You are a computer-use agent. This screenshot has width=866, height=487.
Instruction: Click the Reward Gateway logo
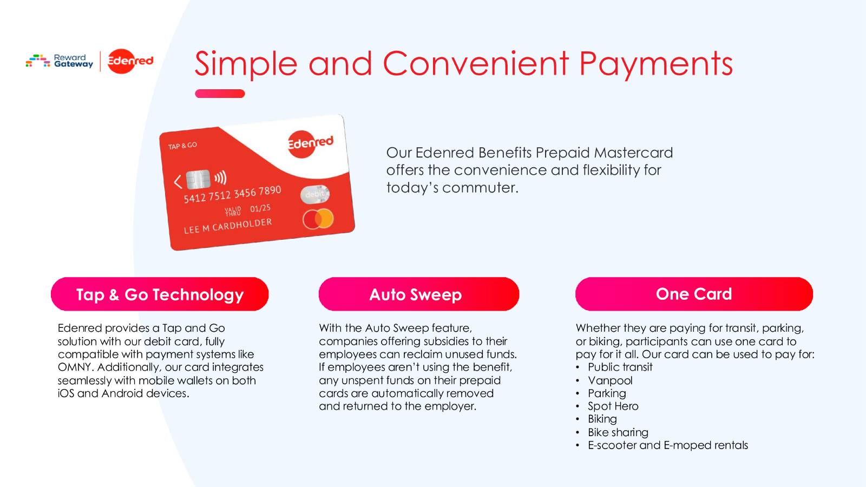coord(60,61)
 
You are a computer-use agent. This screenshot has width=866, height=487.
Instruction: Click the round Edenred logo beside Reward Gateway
coord(130,61)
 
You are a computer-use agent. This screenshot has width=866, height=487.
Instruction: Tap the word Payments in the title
coord(655,63)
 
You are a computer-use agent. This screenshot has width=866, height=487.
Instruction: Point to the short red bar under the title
coord(220,94)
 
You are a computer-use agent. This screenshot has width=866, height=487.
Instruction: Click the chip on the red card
coord(198,179)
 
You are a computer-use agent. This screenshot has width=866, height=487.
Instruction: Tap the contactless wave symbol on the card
coord(220,177)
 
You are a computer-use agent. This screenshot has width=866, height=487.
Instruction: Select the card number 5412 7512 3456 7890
coord(232,194)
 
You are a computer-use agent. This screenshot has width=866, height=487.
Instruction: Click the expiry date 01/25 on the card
coord(260,208)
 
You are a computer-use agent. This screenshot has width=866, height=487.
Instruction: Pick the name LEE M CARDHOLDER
coord(227,226)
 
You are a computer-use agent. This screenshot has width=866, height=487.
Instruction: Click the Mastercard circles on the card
coord(318,219)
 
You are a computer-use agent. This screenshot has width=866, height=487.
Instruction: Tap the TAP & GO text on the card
coord(182,146)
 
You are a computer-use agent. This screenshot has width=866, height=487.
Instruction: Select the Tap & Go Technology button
coord(160,294)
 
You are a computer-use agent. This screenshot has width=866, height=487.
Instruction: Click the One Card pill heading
coord(694,294)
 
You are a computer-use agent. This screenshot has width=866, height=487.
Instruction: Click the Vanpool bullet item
coord(610,380)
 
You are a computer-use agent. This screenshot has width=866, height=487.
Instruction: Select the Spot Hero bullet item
coord(613,406)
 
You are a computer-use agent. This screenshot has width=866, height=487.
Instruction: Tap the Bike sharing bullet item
coord(618,432)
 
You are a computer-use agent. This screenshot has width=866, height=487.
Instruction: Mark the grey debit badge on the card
coord(314,194)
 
